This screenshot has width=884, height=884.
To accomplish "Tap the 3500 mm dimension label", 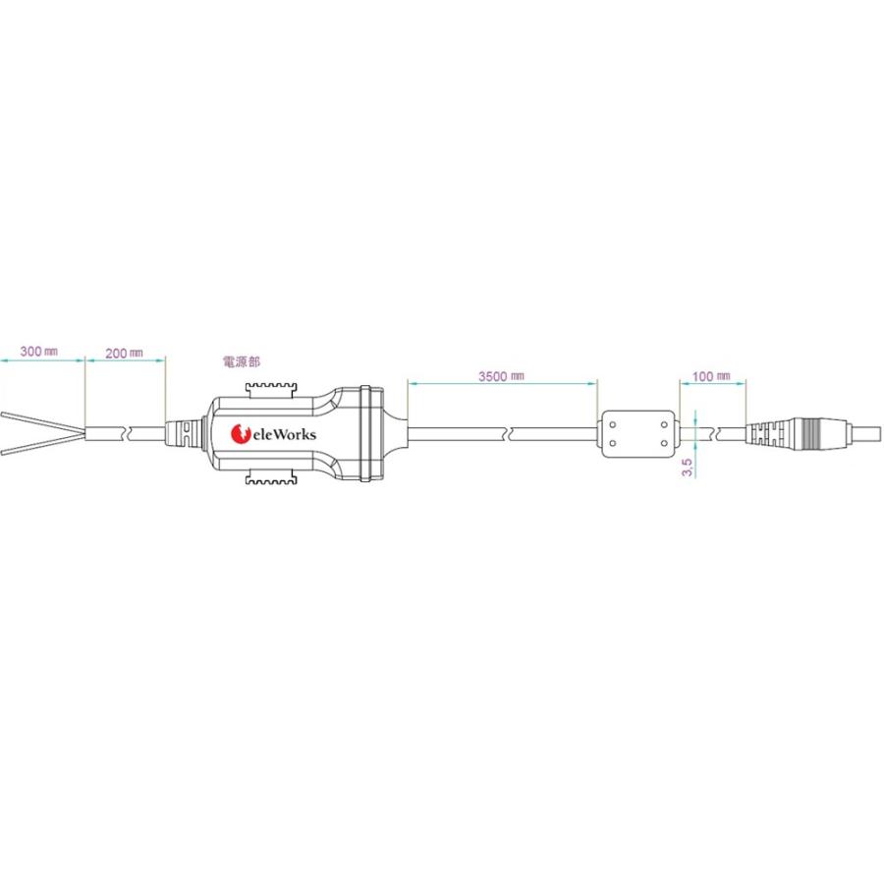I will tap(501, 375).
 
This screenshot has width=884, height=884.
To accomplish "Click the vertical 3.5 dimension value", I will tap(688, 467).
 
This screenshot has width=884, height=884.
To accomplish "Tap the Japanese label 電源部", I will tap(242, 361).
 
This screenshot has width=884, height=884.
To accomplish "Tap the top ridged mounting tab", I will tap(272, 388).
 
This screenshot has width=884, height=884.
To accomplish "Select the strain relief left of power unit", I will tap(184, 432).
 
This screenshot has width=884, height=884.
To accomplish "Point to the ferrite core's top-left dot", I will tap(613, 424).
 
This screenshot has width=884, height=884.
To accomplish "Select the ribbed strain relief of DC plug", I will tap(776, 433).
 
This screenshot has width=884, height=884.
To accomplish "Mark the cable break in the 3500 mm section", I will tap(507, 433).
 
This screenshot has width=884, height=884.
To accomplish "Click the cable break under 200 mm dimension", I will tap(126, 433).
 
